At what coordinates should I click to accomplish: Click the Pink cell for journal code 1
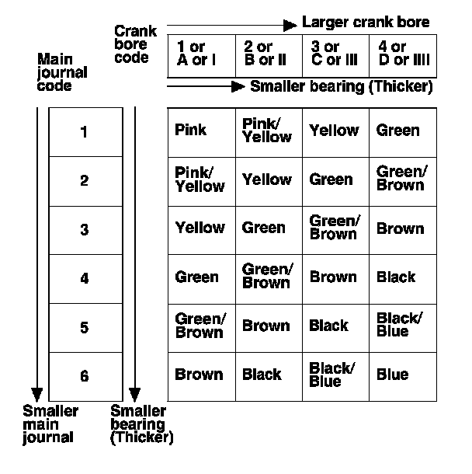pos(191,130)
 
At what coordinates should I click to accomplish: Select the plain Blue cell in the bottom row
pos(392,375)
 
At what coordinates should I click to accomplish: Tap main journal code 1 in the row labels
pos(85,132)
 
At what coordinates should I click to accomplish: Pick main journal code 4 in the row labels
pos(85,278)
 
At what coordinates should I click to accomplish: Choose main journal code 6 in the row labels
pos(85,377)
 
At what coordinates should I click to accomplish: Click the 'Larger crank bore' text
pos(365,23)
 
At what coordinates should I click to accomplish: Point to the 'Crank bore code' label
pos(135,44)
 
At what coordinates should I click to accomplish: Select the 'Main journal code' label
pos(62,72)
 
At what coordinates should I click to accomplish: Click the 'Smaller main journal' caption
pos(50,424)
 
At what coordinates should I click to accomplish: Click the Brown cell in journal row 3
pos(400,228)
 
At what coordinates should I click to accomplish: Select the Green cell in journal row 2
pos(331,179)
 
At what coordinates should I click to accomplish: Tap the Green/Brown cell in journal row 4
pos(267,276)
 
